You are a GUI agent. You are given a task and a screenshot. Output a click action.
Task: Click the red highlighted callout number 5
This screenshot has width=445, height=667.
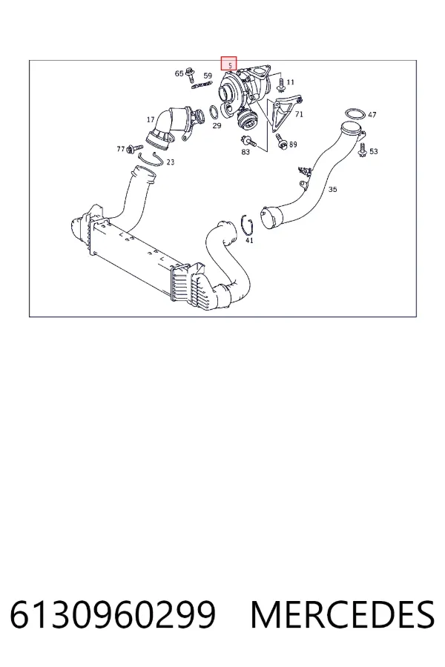point(228,64)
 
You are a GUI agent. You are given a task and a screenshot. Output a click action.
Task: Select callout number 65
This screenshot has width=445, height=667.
point(179,73)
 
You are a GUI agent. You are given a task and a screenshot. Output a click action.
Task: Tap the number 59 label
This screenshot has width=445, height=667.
point(208,76)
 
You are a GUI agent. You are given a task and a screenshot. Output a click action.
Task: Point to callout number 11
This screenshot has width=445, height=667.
point(291,82)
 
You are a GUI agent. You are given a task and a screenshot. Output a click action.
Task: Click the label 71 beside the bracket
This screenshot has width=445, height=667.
point(299,114)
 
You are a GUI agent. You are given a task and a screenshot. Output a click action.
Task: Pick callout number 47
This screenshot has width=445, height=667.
point(372,115)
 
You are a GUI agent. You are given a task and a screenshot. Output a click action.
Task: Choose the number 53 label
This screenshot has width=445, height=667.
point(374,151)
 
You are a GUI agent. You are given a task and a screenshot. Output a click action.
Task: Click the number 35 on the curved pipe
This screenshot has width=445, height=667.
point(332,189)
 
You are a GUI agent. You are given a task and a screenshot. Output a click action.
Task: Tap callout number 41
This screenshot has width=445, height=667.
point(249,240)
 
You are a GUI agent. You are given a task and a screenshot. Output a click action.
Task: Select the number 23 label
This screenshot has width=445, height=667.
point(171,162)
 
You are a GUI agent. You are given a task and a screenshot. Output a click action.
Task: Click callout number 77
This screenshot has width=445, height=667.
point(121,149)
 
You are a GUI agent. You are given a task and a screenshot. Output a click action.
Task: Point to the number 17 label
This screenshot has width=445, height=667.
point(151,120)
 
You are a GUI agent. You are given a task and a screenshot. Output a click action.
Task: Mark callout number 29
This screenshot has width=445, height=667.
point(217,126)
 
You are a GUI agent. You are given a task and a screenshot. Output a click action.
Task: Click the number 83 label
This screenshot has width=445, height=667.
point(245,152)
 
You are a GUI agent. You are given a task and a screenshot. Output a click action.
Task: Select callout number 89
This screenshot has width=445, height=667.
point(293,145)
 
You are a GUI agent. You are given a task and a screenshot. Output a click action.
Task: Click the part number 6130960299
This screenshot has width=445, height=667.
point(113,615)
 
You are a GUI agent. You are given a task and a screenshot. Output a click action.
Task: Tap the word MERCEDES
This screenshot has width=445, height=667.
point(343,615)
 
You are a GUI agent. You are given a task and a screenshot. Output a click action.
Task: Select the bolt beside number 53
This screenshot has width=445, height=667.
point(363,150)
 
